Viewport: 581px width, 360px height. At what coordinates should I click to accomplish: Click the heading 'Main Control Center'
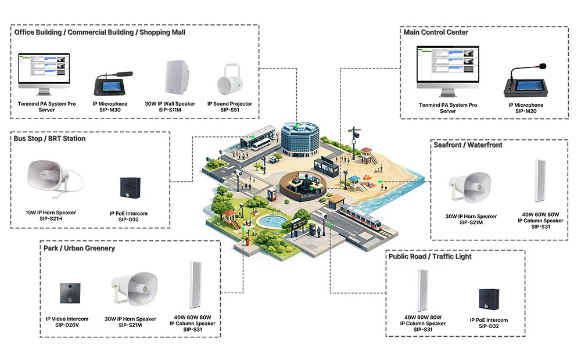(436, 33)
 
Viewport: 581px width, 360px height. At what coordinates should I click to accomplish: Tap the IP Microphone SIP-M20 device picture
(526, 81)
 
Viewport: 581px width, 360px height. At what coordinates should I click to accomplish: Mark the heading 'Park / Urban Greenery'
(79, 248)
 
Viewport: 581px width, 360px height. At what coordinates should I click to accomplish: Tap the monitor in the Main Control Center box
(447, 71)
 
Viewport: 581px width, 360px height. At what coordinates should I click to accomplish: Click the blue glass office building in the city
(300, 138)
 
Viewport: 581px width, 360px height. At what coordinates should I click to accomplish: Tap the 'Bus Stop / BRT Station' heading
(50, 139)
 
